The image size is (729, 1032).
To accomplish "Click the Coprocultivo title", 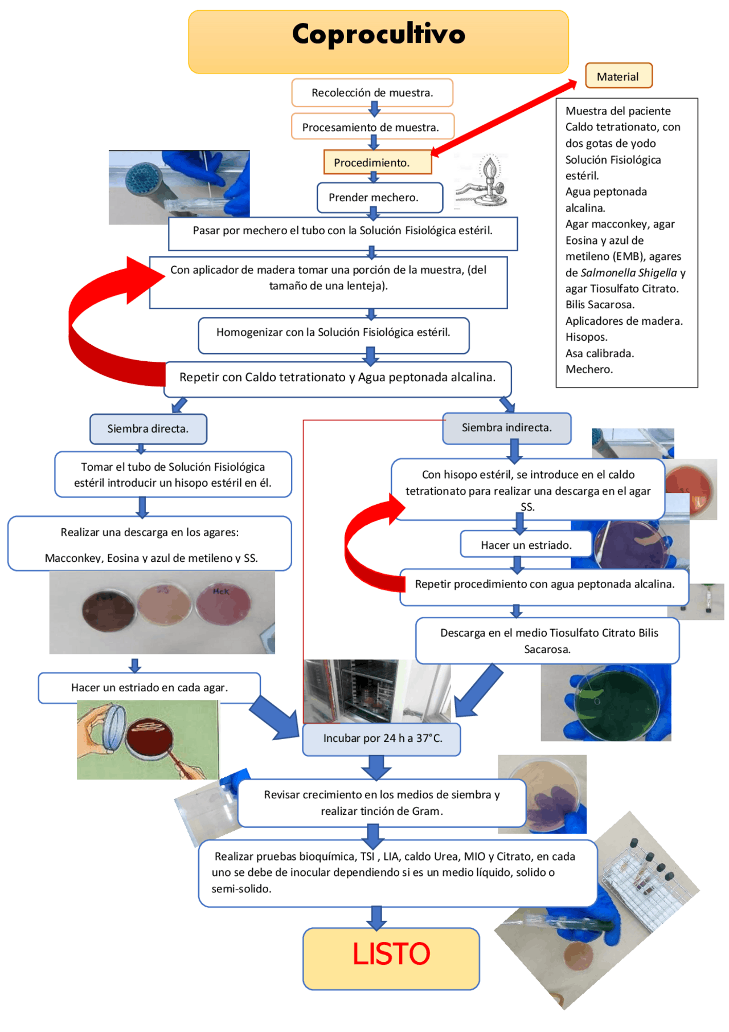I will coord(378,35).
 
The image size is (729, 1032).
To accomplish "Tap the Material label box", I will coord(618,76).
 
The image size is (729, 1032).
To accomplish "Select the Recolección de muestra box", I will coord(372,93).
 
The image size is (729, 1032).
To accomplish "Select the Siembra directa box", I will coord(148,429).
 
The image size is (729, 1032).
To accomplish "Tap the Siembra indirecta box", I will coord(506,427).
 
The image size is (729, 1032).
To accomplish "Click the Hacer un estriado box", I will coord(525,545).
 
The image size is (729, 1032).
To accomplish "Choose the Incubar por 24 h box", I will coord(382,739).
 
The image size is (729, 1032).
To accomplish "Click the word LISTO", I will coord(391,954).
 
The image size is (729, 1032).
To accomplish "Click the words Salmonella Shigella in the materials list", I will coord(629,273).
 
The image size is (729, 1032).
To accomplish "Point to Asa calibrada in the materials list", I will coord(599,353).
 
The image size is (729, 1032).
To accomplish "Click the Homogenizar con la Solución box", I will coord(333,333).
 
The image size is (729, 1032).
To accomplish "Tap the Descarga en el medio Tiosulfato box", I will coord(548,641).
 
